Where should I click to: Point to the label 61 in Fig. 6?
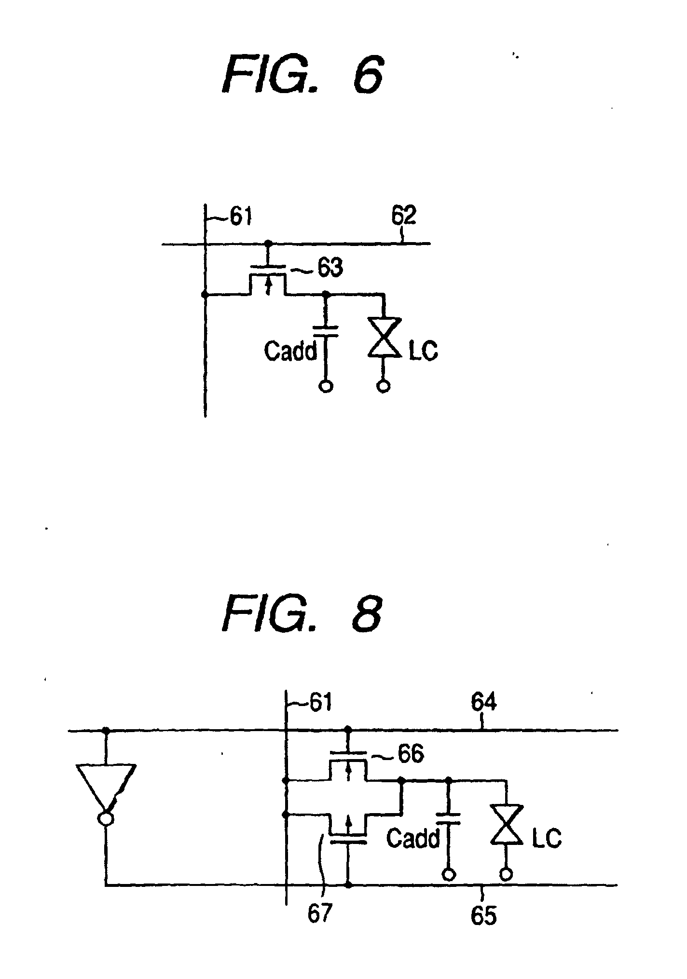[x=239, y=218]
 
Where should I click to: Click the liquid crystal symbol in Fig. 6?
[x=384, y=337]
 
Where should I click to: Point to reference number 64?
[x=483, y=703]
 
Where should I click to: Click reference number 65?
[x=483, y=915]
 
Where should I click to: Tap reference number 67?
[x=320, y=914]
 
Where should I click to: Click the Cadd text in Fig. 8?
[x=413, y=838]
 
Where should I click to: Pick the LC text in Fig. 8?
[x=547, y=838]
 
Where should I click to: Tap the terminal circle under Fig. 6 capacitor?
[x=326, y=386]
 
